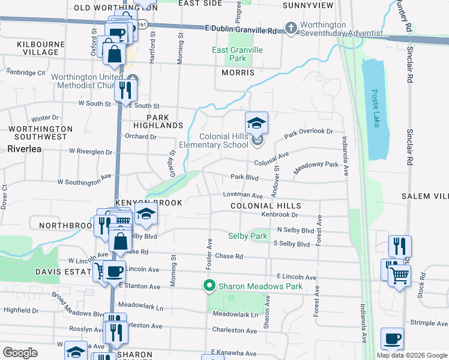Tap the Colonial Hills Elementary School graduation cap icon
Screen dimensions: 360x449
click(x=256, y=123)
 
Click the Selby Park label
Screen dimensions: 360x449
click(x=247, y=236)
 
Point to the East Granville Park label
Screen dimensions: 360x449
click(x=238, y=54)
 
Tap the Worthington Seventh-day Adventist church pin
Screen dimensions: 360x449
click(x=291, y=28)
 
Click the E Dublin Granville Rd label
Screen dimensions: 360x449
click(x=241, y=30)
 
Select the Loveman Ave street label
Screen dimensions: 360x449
click(x=243, y=196)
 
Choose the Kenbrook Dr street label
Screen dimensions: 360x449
click(x=280, y=214)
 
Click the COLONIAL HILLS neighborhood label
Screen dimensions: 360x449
click(x=265, y=206)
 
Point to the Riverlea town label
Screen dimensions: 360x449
click(x=25, y=148)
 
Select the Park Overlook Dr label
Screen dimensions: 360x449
click(x=308, y=132)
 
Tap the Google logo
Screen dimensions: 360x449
click(x=20, y=352)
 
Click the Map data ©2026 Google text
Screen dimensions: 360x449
click(x=412, y=355)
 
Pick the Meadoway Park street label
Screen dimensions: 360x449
click(x=316, y=167)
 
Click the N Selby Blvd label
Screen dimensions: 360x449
click(x=295, y=230)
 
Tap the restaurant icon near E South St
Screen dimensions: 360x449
click(x=125, y=89)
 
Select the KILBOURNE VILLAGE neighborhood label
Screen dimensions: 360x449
click(x=29, y=48)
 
